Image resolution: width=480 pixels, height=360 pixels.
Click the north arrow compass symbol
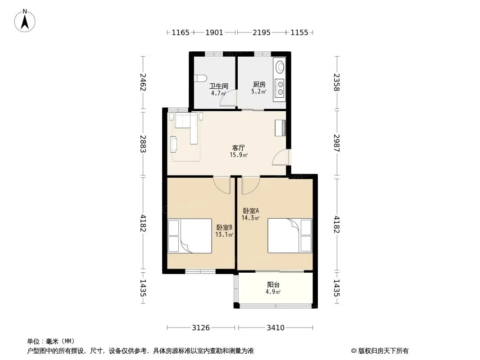coord(25,21)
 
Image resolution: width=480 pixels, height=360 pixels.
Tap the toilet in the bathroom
coord(200,78)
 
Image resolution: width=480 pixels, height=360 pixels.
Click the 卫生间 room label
coord(218,86)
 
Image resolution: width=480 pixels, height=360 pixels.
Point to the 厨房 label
coord(259,85)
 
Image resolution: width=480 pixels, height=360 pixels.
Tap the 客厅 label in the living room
coord(238,148)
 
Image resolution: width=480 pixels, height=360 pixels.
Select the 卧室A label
coord(251,211)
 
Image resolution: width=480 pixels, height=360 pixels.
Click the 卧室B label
coord(224,228)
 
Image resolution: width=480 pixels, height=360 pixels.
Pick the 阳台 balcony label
coord(273,285)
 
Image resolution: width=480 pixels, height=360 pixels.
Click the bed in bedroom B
coord(190,236)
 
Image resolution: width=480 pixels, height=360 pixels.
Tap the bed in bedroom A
coord(290,236)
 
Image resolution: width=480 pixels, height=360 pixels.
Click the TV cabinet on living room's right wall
coord(280,128)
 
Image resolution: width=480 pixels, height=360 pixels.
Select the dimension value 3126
coord(201,328)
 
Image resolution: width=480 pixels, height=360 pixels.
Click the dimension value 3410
coord(276,328)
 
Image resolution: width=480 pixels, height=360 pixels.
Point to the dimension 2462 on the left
coord(143,82)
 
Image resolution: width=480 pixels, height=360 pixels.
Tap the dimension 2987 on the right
coord(337,143)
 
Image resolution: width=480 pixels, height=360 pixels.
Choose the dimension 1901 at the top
coord(214,32)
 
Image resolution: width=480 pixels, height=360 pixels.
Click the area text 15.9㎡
coord(239,155)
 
